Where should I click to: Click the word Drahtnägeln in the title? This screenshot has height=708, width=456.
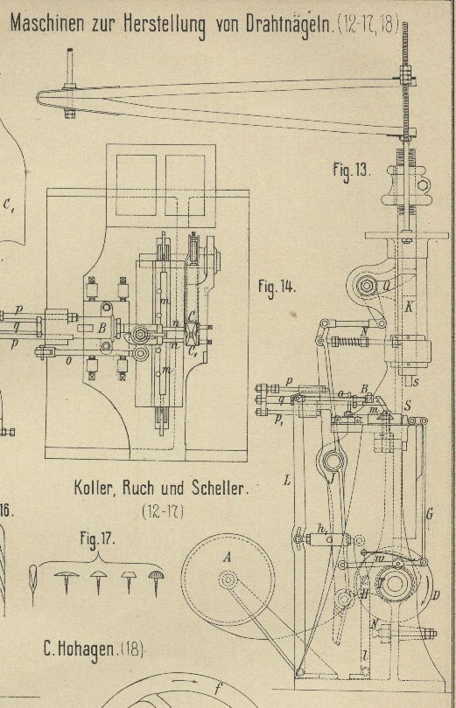point(289,24)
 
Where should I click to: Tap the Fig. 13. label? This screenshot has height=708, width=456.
point(352,170)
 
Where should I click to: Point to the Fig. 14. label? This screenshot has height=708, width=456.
point(277,288)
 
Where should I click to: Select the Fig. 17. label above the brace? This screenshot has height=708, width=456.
point(98,539)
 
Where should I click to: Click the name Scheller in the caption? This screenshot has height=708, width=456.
point(220,488)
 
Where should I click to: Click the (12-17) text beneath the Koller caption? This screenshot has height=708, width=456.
point(162,511)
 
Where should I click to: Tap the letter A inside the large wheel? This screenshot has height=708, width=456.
point(227,558)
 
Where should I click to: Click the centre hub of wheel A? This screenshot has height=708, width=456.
point(228,580)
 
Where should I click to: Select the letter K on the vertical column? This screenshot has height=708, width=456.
point(408,307)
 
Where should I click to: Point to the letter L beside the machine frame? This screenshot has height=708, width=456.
point(286,481)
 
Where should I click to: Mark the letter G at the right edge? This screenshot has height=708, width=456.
point(430,513)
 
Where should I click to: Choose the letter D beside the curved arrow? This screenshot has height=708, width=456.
point(436,596)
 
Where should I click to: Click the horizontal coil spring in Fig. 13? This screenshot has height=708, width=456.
point(351,342)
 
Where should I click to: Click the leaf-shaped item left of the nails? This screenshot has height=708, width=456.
point(33,583)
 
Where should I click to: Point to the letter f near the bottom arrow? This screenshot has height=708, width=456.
point(218,689)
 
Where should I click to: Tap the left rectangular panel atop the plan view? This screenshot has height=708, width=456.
point(136,185)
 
